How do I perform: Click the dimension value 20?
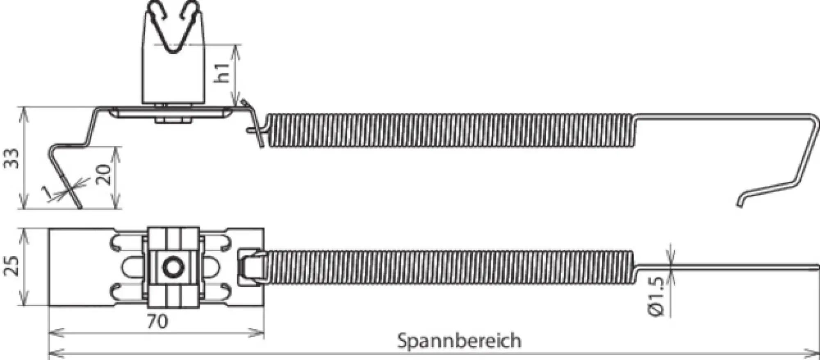click(104, 175)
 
